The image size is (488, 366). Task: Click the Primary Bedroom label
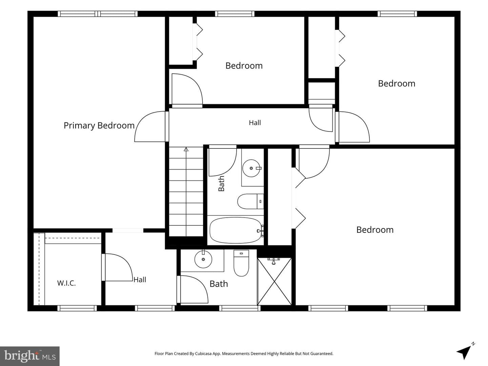pos(99,126)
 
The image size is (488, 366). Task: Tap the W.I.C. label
pos(66,283)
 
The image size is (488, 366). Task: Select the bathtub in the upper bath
pos(236,230)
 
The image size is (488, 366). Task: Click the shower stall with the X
pos(274,282)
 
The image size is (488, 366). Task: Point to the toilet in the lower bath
pos(241,263)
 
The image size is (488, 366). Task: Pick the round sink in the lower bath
pos(203,259)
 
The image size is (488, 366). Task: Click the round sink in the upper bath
pos(251,168)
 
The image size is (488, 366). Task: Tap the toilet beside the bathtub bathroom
pos(250,201)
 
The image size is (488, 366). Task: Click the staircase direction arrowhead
pos(186,149)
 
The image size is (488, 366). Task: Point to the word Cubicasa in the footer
pos(203,353)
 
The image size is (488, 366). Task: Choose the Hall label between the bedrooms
pos(255,123)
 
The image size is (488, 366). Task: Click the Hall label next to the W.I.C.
pos(140,280)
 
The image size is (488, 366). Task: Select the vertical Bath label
pos(221,184)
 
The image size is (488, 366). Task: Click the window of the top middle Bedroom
pos(235,14)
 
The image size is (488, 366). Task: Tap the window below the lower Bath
pos(240,308)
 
